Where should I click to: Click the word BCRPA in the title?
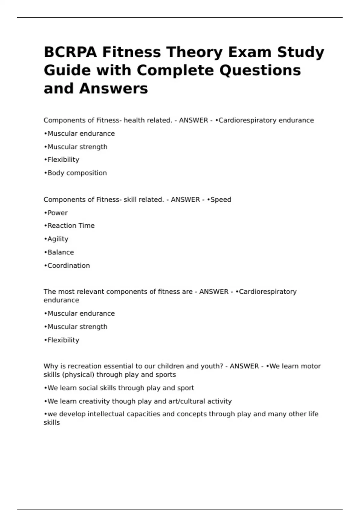tap(70, 52)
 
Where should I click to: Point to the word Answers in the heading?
tap(114, 88)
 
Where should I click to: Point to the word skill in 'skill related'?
tap(130, 200)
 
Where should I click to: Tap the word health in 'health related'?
tap(134, 120)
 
